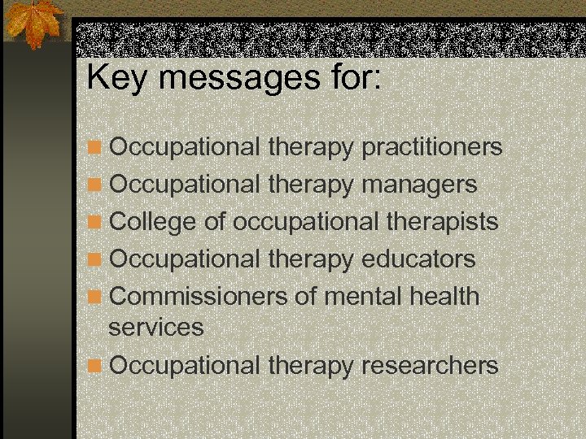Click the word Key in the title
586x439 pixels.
coord(113,78)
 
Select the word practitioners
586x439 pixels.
coord(431,147)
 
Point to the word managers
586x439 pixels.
coord(419,185)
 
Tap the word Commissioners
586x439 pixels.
coord(198,297)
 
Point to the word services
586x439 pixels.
coord(156,328)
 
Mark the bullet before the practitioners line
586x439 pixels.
coord(96,148)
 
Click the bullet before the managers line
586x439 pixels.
coord(96,185)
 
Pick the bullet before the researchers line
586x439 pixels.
coord(96,366)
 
